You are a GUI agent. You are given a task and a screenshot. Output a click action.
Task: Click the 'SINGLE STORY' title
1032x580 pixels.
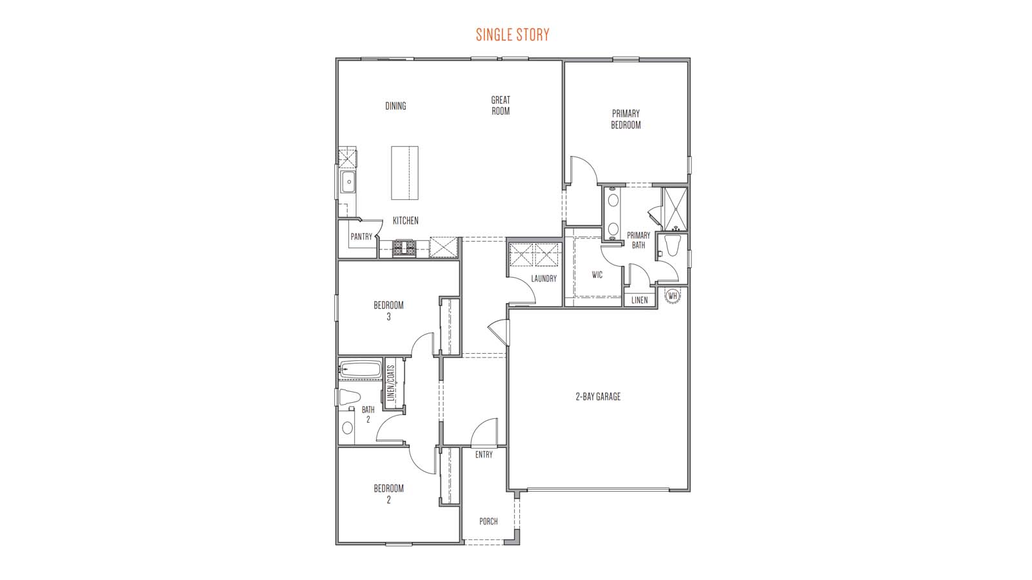[513, 34]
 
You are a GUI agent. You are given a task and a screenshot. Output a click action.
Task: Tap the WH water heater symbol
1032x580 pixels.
[673, 296]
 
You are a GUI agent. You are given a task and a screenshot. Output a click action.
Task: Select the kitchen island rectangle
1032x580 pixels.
[404, 173]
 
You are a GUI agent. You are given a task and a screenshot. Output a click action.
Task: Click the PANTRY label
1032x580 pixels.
[361, 237]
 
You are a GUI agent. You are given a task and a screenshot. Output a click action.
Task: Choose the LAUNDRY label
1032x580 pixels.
[544, 278]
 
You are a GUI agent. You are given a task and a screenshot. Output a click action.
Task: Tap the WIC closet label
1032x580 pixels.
[597, 275]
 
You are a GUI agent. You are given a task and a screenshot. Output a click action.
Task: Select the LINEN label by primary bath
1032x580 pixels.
[639, 300]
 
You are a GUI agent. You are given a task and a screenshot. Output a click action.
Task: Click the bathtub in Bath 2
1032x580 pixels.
[361, 370]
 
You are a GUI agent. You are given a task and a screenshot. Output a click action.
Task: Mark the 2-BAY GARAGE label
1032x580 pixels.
[598, 397]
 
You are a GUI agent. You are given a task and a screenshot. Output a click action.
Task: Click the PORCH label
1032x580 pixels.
[488, 521]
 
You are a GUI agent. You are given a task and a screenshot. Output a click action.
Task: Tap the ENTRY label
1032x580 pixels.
[484, 454]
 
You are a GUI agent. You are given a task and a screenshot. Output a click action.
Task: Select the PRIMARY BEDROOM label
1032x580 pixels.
[626, 119]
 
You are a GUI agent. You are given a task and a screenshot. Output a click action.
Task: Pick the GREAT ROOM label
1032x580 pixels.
[501, 105]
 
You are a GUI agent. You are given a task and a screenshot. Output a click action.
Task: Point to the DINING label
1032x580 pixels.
[395, 106]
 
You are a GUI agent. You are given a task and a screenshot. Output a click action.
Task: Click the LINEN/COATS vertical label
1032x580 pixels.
[390, 384]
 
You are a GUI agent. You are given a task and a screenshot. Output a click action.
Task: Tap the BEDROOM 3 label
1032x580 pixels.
[388, 311]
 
